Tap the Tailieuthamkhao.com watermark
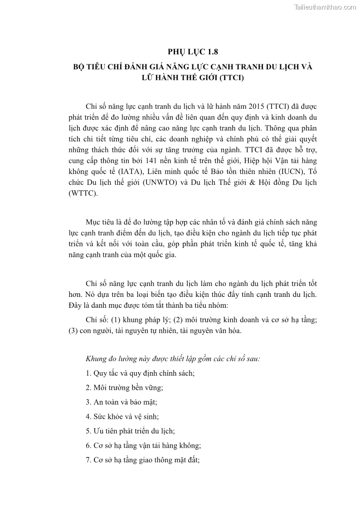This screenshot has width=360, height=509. (x=325, y=7)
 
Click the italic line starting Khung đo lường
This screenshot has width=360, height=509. (x=173, y=359)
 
